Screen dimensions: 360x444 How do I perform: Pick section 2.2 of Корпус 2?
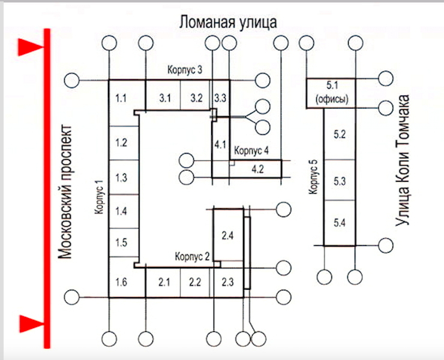[x=194, y=281]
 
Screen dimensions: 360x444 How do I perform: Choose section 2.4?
[x=227, y=235]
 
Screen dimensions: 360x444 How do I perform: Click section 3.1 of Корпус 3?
[x=164, y=97]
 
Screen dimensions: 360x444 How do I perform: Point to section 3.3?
[x=220, y=97]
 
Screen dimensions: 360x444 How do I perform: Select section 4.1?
[x=220, y=144]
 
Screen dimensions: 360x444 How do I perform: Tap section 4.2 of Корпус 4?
[x=258, y=169]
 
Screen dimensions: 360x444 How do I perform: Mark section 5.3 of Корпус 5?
[x=340, y=181]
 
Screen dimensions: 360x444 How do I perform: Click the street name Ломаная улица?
[x=227, y=23]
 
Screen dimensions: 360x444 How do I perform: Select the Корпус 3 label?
[x=184, y=71]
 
